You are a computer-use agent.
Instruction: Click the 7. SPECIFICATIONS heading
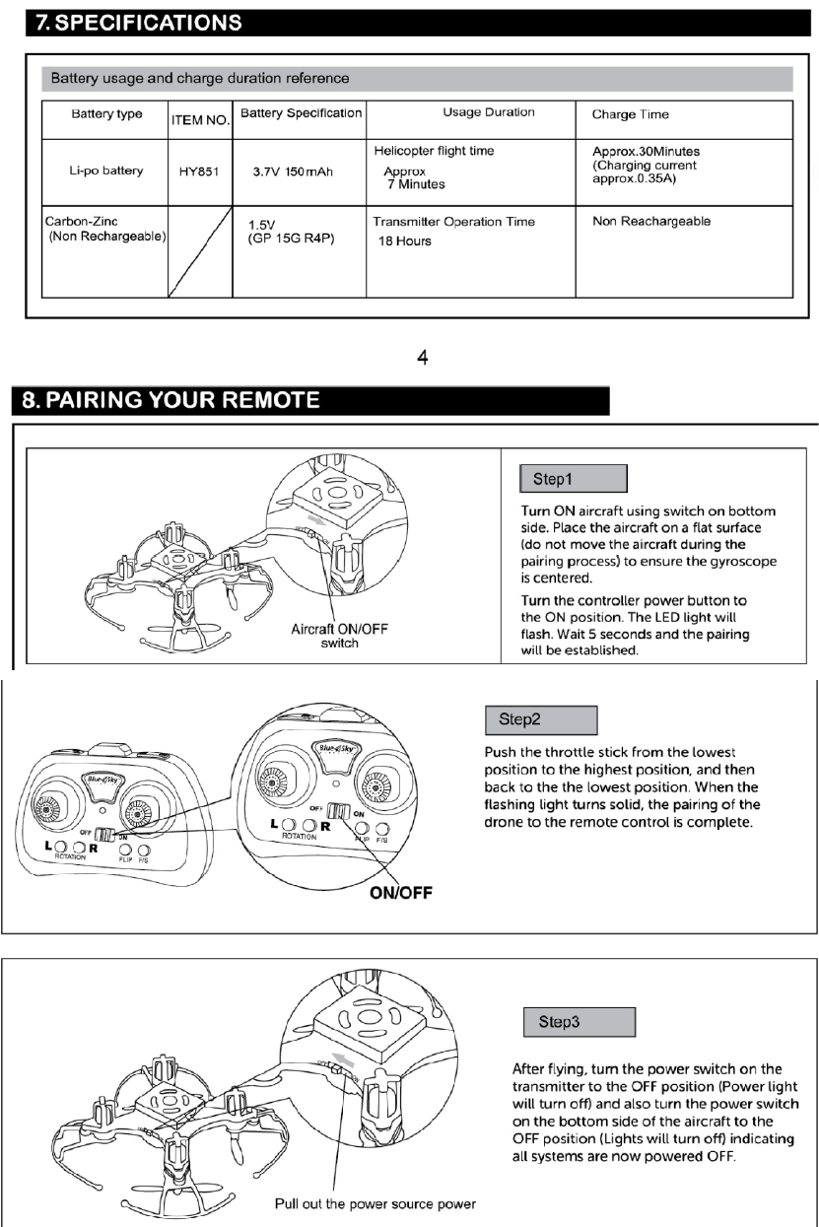[x=138, y=22]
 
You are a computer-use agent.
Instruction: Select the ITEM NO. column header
[x=200, y=120]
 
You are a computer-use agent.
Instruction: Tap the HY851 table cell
[x=199, y=171]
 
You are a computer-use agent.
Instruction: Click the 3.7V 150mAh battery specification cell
[x=293, y=171]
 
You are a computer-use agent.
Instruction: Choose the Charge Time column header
[x=630, y=114]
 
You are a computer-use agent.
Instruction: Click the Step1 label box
[x=574, y=480]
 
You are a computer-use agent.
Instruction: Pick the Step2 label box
[x=541, y=719]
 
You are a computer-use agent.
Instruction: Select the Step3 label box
[x=580, y=1021]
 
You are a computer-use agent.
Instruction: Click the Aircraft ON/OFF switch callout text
[x=338, y=637]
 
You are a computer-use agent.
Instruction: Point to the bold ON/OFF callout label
[x=402, y=895]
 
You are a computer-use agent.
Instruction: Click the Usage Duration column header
[x=489, y=112]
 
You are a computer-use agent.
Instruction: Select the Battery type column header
[x=106, y=113]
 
